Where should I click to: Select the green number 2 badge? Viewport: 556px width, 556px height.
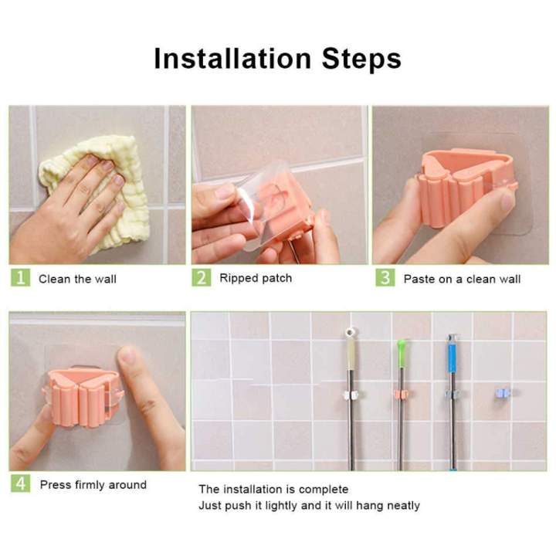click(x=202, y=278)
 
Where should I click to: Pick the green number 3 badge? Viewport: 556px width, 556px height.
click(x=385, y=278)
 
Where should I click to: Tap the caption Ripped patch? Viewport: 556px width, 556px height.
click(x=256, y=278)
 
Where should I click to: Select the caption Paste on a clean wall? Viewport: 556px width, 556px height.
click(x=462, y=279)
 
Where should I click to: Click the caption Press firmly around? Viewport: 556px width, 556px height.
click(x=93, y=485)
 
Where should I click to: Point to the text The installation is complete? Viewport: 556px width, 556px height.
click(x=273, y=489)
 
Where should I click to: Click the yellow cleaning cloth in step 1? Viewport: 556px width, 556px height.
click(x=100, y=193)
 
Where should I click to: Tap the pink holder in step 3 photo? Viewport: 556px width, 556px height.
click(x=456, y=185)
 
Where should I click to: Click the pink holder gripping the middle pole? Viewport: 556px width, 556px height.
click(x=402, y=395)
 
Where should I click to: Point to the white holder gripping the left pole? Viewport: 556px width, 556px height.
click(x=350, y=395)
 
